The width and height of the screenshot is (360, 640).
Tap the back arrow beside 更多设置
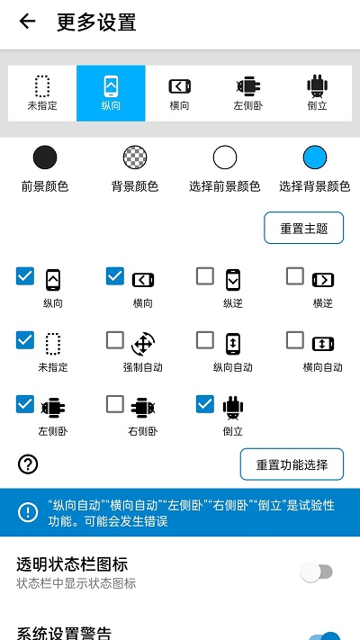point(27,22)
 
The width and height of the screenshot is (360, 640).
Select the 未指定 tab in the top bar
point(42,93)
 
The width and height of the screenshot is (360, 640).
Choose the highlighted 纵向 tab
point(111,93)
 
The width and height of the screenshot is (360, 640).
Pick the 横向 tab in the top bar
point(180,93)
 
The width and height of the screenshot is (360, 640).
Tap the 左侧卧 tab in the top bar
point(247,93)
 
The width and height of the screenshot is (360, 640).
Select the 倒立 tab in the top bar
point(316,93)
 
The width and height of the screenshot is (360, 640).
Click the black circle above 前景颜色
point(45,158)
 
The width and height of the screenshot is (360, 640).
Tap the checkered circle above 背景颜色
point(135,158)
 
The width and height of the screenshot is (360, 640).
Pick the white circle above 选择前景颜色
point(225,158)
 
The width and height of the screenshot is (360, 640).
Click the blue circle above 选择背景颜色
point(315,158)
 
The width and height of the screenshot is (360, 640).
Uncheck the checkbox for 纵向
point(25,276)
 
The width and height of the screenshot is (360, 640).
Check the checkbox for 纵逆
point(205,276)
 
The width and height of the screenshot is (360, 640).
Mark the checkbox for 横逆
point(295,276)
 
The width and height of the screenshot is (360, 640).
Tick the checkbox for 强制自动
point(115,340)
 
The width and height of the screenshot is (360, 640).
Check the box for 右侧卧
point(115,405)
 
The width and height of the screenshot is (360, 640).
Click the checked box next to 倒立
point(205,405)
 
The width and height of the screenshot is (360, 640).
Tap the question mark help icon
point(28,464)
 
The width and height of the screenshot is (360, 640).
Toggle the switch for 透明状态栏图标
point(317,572)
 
